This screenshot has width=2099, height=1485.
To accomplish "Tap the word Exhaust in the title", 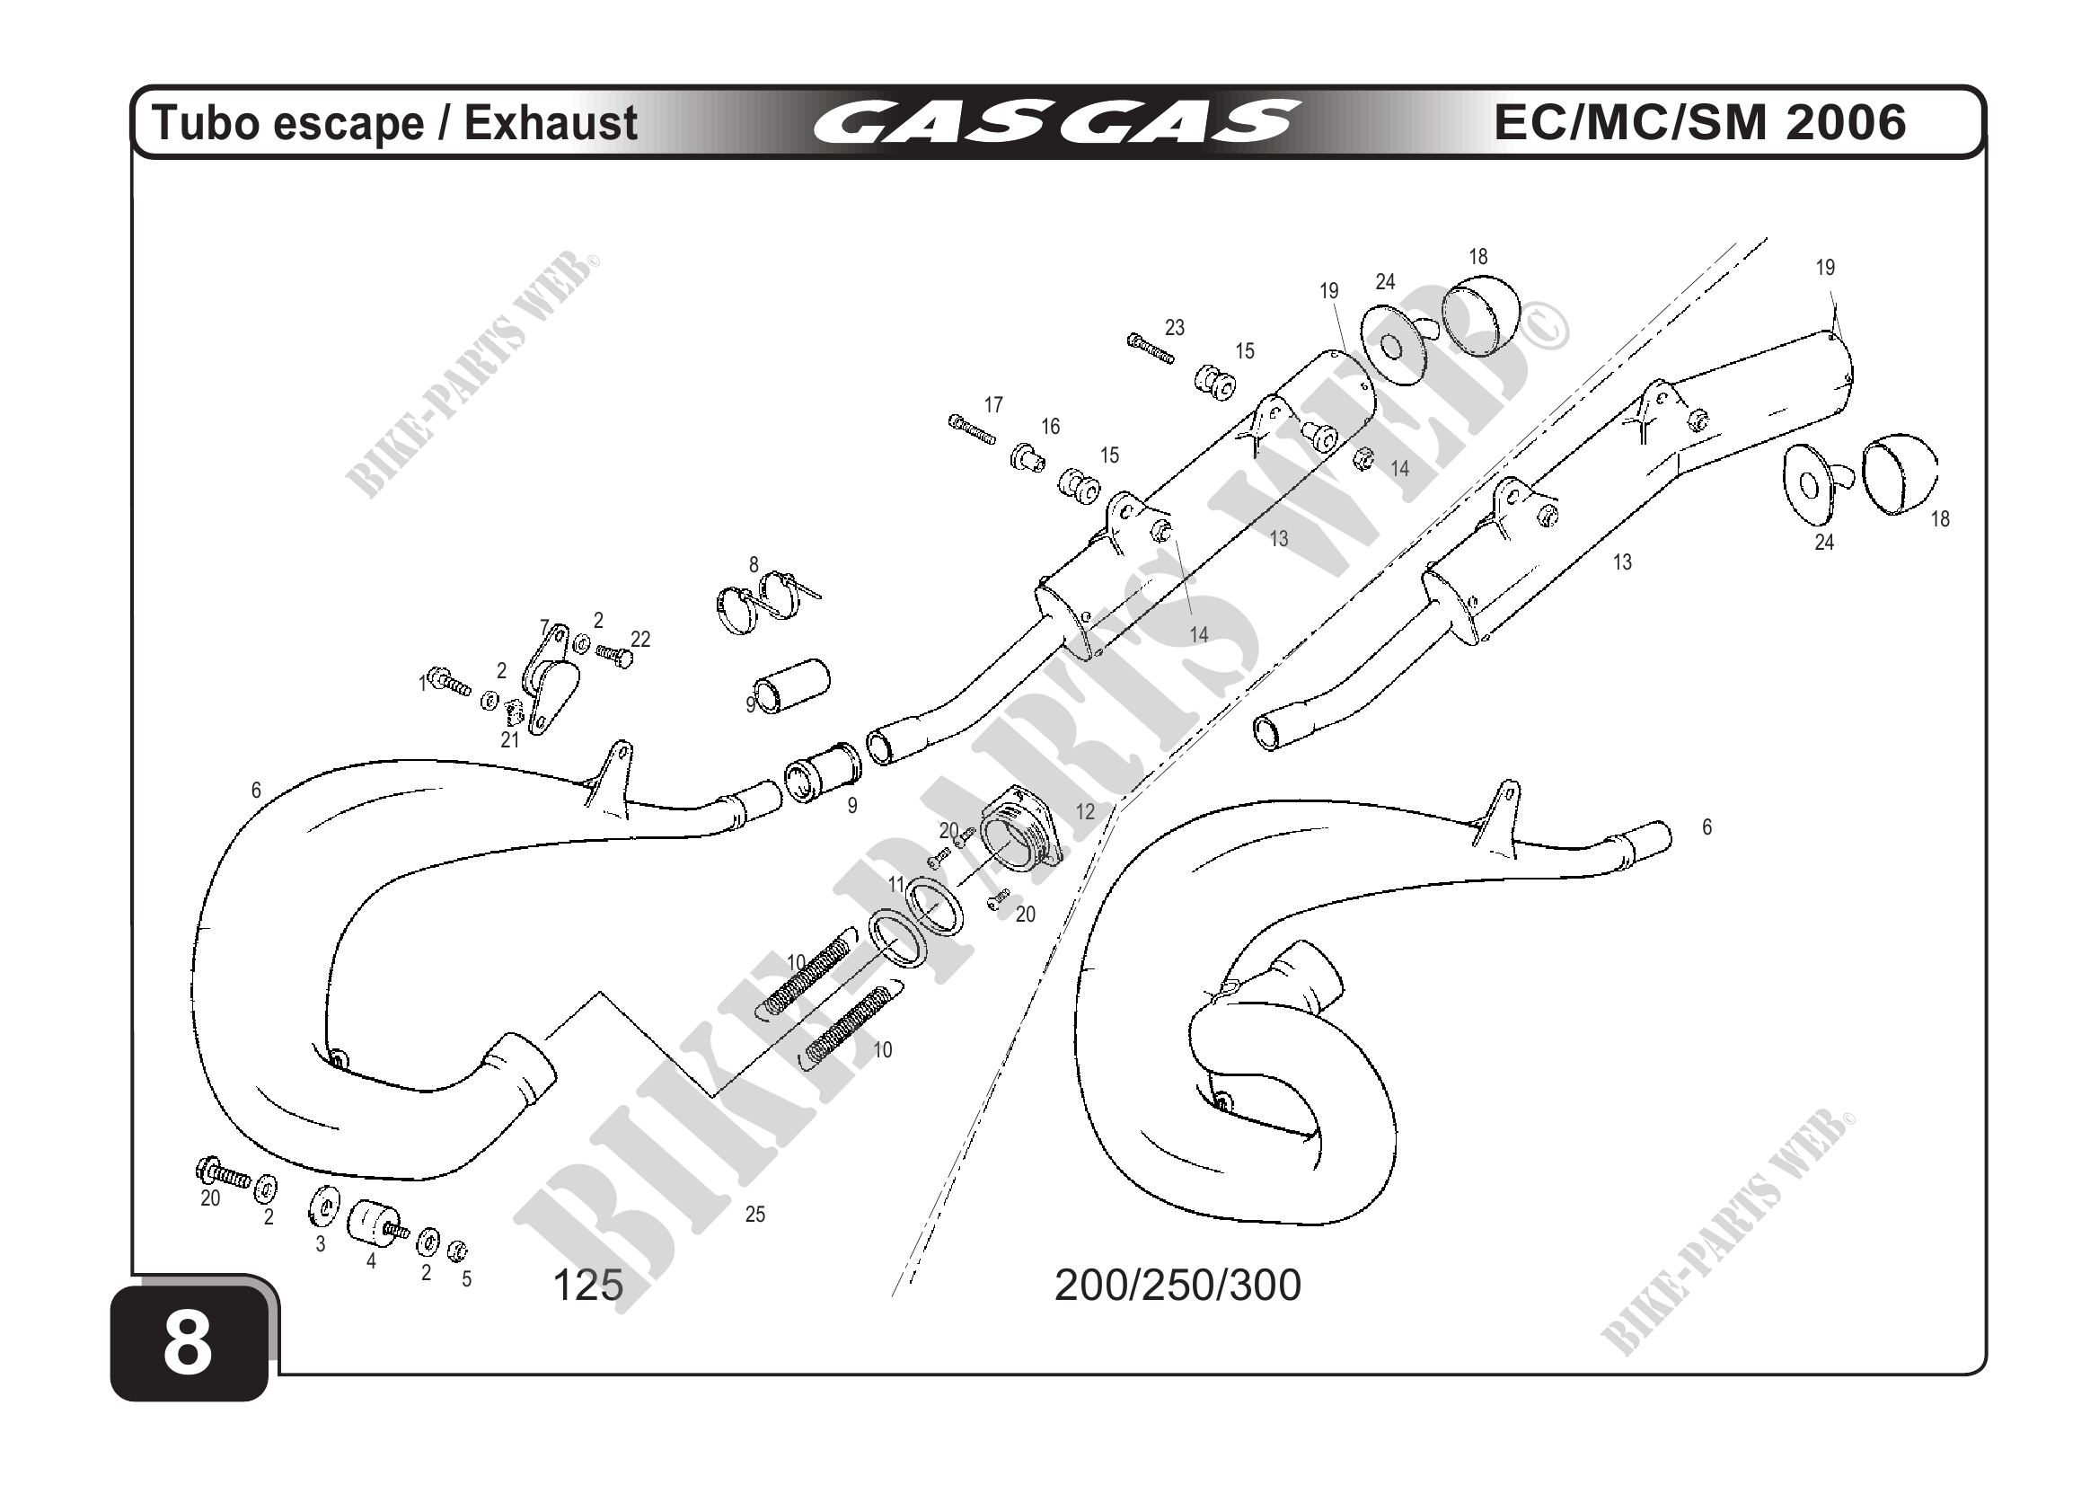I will coord(551,123).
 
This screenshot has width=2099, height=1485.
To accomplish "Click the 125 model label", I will coord(587,1286).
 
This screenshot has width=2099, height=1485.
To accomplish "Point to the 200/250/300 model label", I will coord(1177,1286).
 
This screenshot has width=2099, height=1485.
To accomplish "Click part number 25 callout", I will coord(755,1215).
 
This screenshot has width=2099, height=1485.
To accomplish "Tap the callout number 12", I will coord(1085,812).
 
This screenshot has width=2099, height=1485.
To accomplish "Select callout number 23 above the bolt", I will coord(1175,327).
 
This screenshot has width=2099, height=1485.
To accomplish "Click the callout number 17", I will coord(993,404).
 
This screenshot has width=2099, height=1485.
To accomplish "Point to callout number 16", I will coord(1051,426).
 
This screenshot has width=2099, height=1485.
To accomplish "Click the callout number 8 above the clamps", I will coord(754,565).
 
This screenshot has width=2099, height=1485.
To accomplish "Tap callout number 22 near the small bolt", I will coord(641,639).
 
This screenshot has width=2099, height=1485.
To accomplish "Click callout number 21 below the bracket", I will coord(509,740).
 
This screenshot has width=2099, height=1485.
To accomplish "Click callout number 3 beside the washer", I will coord(320,1244).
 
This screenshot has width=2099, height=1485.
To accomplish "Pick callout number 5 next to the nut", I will coord(466,1279).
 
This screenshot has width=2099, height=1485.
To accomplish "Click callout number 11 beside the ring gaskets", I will coord(896,884).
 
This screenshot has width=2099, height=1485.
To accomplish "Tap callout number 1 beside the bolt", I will coord(422,683).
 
